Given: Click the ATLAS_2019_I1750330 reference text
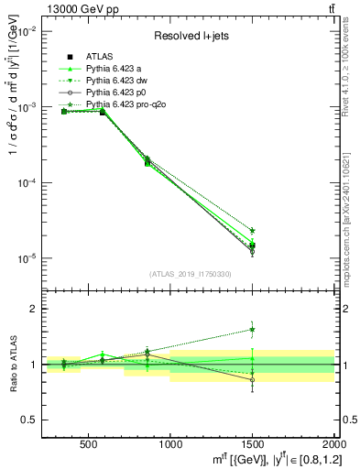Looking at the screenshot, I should tap(191, 274).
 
